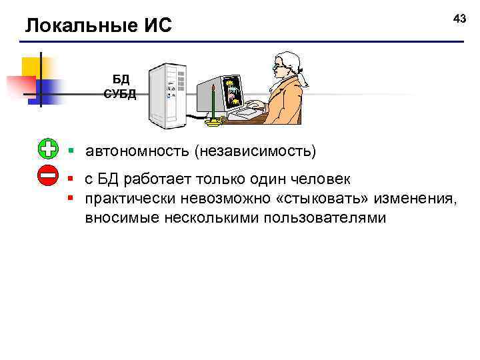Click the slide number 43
coord(459,19)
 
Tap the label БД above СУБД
coord(121,81)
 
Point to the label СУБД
coord(121,94)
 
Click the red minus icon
coord(48,176)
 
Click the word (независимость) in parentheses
coord(256,151)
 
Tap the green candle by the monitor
coord(213,103)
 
